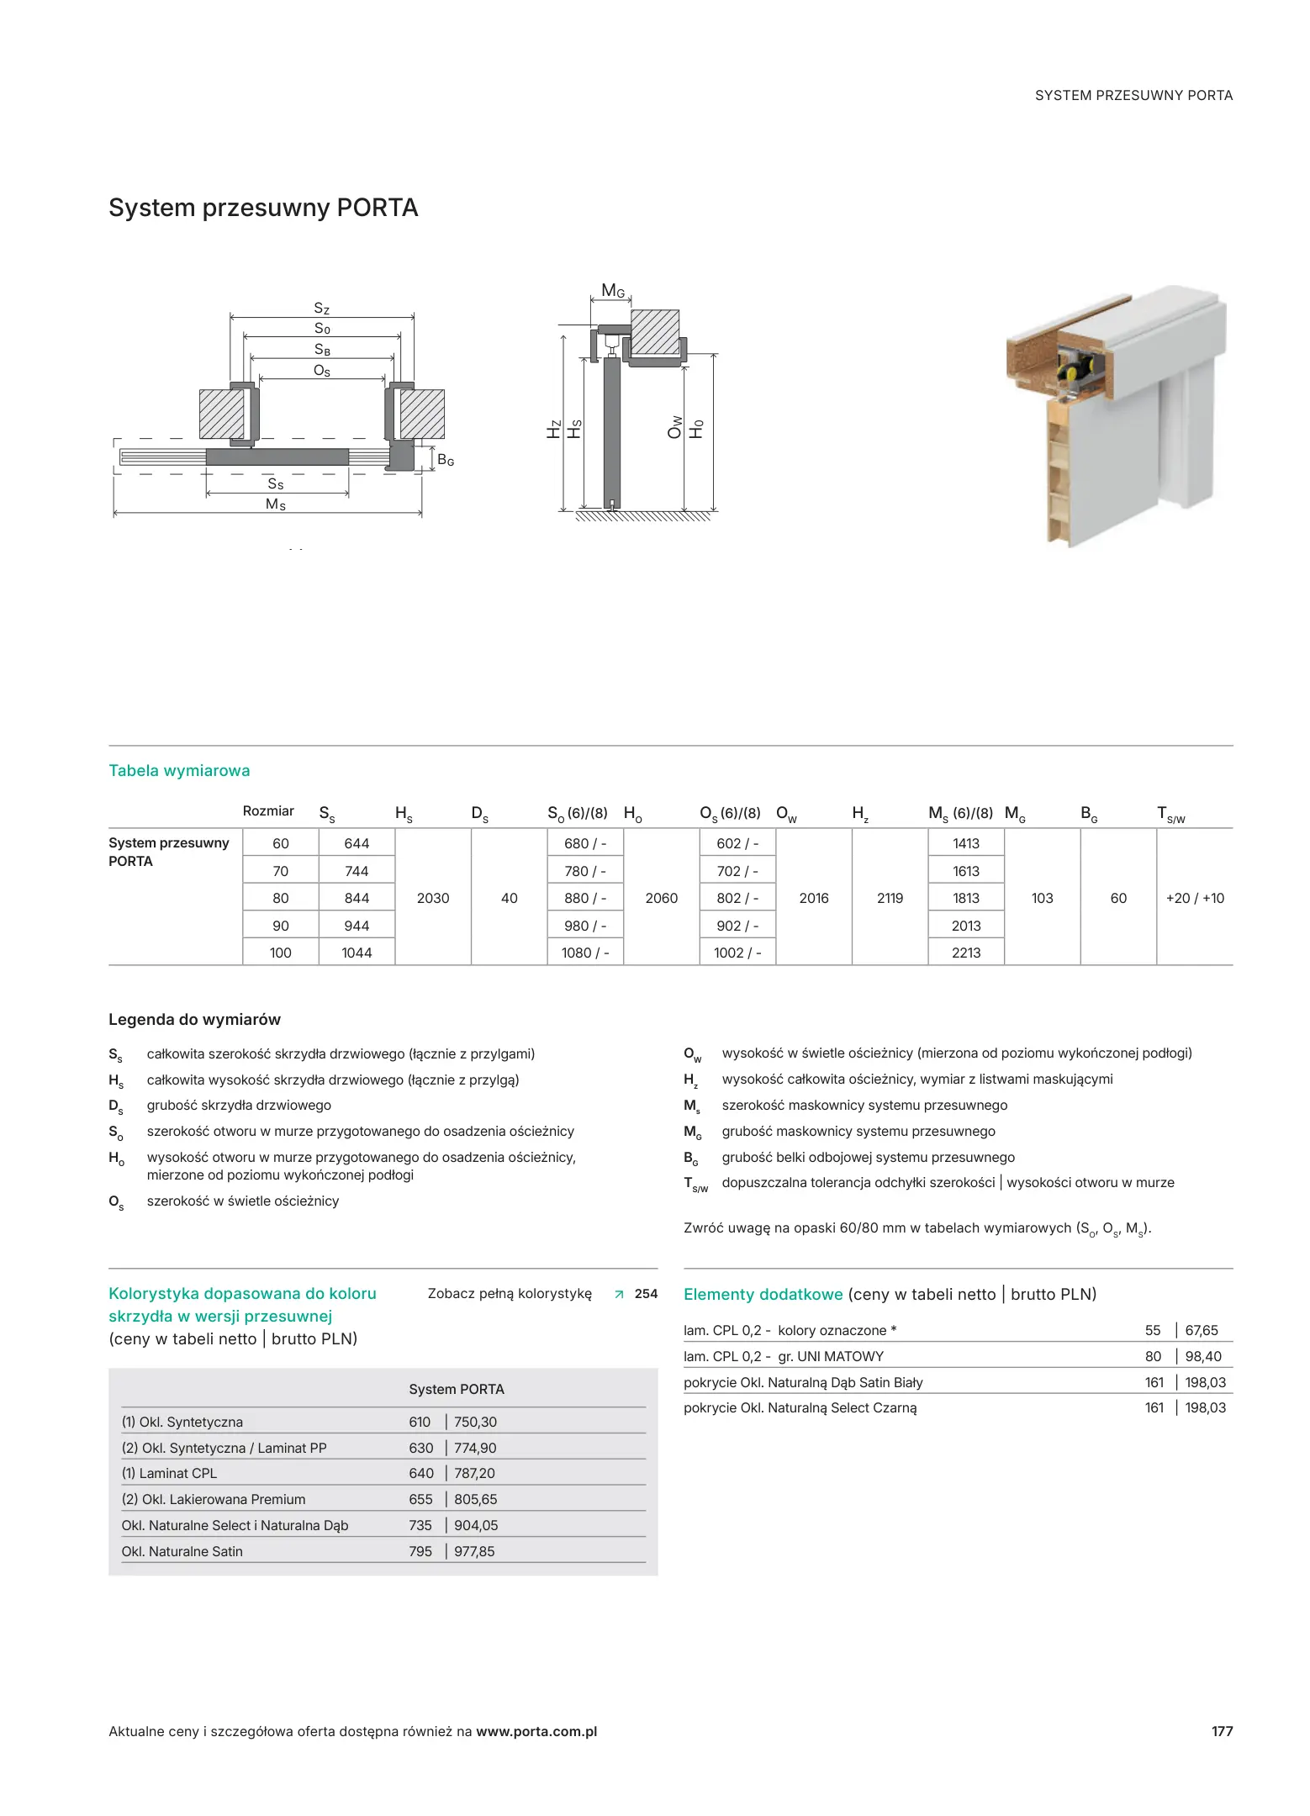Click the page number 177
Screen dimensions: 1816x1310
pyautogui.click(x=1221, y=1731)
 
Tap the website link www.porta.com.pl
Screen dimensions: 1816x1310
pyautogui.click(x=536, y=1731)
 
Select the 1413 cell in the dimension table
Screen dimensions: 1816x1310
pyautogui.click(x=965, y=843)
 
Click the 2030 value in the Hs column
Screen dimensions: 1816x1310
pyautogui.click(x=433, y=898)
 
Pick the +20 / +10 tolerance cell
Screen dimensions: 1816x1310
pyautogui.click(x=1194, y=898)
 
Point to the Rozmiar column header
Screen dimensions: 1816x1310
pyautogui.click(x=268, y=811)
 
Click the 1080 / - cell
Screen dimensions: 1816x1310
pyautogui.click(x=585, y=953)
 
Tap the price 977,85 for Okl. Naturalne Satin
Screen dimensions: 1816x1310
pyautogui.click(x=474, y=1551)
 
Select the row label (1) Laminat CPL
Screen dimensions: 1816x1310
pyautogui.click(x=169, y=1473)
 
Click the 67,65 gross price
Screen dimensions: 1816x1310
pyautogui.click(x=1201, y=1330)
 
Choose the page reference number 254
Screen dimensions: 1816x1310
pyautogui.click(x=646, y=1294)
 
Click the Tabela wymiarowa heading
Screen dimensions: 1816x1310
pyautogui.click(x=179, y=771)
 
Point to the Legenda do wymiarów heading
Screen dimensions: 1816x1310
pyautogui.click(x=194, y=1019)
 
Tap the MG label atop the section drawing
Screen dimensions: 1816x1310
pyautogui.click(x=613, y=292)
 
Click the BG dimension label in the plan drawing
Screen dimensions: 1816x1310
pyautogui.click(x=446, y=461)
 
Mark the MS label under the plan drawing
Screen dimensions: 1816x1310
pyautogui.click(x=276, y=504)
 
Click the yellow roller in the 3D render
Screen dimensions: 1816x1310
pyautogui.click(x=1074, y=370)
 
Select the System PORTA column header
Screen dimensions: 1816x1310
pyautogui.click(x=456, y=1389)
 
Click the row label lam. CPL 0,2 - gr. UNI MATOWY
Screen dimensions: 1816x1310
pyautogui.click(x=784, y=1356)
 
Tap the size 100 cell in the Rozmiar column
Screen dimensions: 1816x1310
pyautogui.click(x=280, y=953)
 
